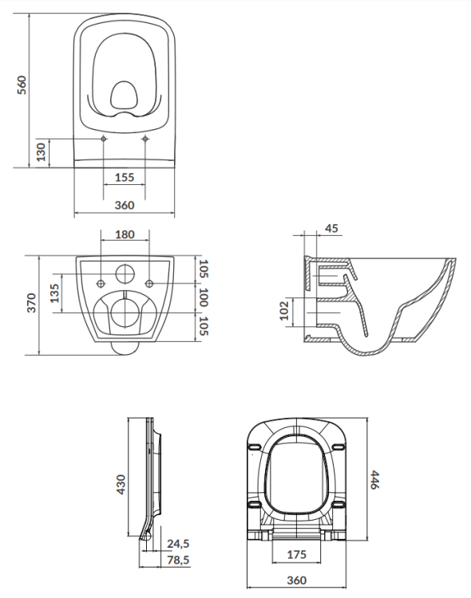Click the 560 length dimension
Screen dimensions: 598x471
pyautogui.click(x=22, y=84)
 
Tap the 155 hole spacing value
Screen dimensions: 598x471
pyautogui.click(x=124, y=177)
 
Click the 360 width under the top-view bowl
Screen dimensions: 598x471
pyautogui.click(x=124, y=205)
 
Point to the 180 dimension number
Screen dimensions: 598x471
pyautogui.click(x=125, y=235)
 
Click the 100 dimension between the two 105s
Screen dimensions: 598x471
pyautogui.click(x=203, y=301)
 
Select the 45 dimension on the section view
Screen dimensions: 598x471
pyautogui.click(x=332, y=229)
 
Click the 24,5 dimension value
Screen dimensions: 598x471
pyautogui.click(x=178, y=544)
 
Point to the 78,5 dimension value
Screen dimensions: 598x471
pyautogui.click(x=178, y=561)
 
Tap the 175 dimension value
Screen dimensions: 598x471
pyautogui.click(x=296, y=553)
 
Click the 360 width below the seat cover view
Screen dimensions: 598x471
pyautogui.click(x=296, y=580)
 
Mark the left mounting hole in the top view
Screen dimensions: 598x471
pyautogui.click(x=105, y=140)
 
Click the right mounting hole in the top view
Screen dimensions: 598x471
pyautogui.click(x=144, y=140)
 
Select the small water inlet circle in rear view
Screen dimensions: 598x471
pyautogui.click(x=125, y=273)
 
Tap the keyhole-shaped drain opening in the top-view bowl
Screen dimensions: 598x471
pyautogui.click(x=125, y=96)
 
